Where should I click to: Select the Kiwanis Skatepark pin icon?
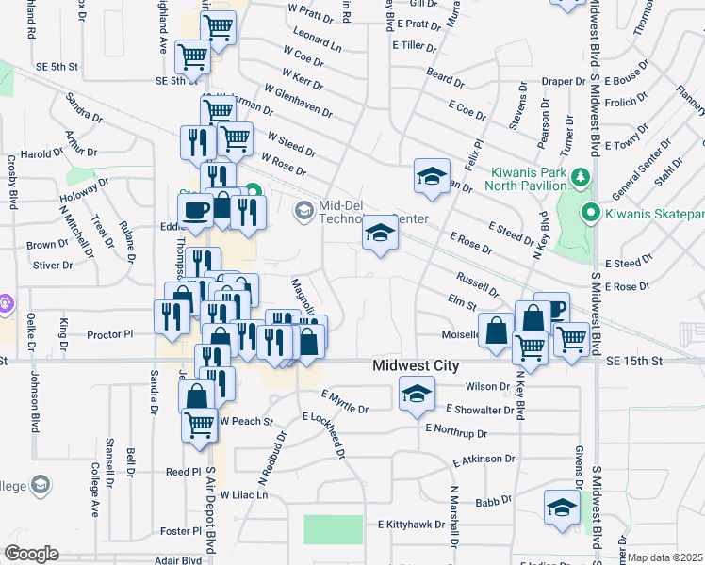(x=590, y=212)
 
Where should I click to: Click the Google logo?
(x=31, y=554)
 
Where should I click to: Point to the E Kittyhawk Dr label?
(x=411, y=525)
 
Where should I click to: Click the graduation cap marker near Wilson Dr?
(x=416, y=393)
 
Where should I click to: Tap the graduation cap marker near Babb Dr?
(x=562, y=505)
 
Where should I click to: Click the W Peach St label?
(x=246, y=421)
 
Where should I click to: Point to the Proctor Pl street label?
(x=110, y=334)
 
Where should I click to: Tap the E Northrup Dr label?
(x=456, y=431)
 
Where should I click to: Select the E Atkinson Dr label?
(x=484, y=460)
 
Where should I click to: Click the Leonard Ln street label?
(x=318, y=39)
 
